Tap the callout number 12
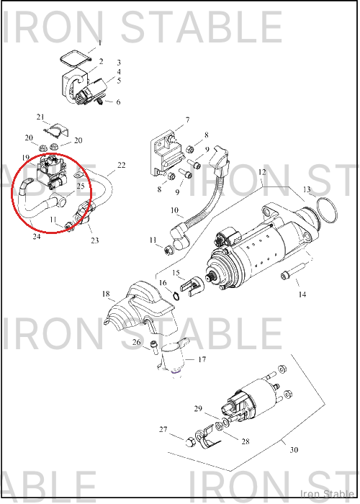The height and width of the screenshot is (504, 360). point(262,172)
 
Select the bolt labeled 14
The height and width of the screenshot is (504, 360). point(293,271)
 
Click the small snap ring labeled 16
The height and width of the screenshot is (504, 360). point(176,296)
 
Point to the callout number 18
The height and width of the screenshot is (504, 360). point(106,294)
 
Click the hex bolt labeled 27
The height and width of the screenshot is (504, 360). point(190,442)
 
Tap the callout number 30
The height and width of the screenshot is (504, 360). point(294,450)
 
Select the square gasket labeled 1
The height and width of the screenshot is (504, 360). point(76,58)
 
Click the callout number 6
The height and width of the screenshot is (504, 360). point(118,102)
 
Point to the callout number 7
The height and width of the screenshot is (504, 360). point(187,120)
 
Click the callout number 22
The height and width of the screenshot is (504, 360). point(121,165)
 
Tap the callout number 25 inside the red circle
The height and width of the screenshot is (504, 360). point(81,186)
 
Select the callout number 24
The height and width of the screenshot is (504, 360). point(37,236)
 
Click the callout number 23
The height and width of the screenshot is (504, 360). point(95,240)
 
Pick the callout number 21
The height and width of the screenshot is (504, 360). point(40,117)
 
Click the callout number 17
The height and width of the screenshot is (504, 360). point(202,359)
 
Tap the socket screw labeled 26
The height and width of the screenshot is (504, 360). point(154,347)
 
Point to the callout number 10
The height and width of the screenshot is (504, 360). point(174,210)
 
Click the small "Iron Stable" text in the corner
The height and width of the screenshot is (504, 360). point(327,494)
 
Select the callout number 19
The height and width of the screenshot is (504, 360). point(26,158)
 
